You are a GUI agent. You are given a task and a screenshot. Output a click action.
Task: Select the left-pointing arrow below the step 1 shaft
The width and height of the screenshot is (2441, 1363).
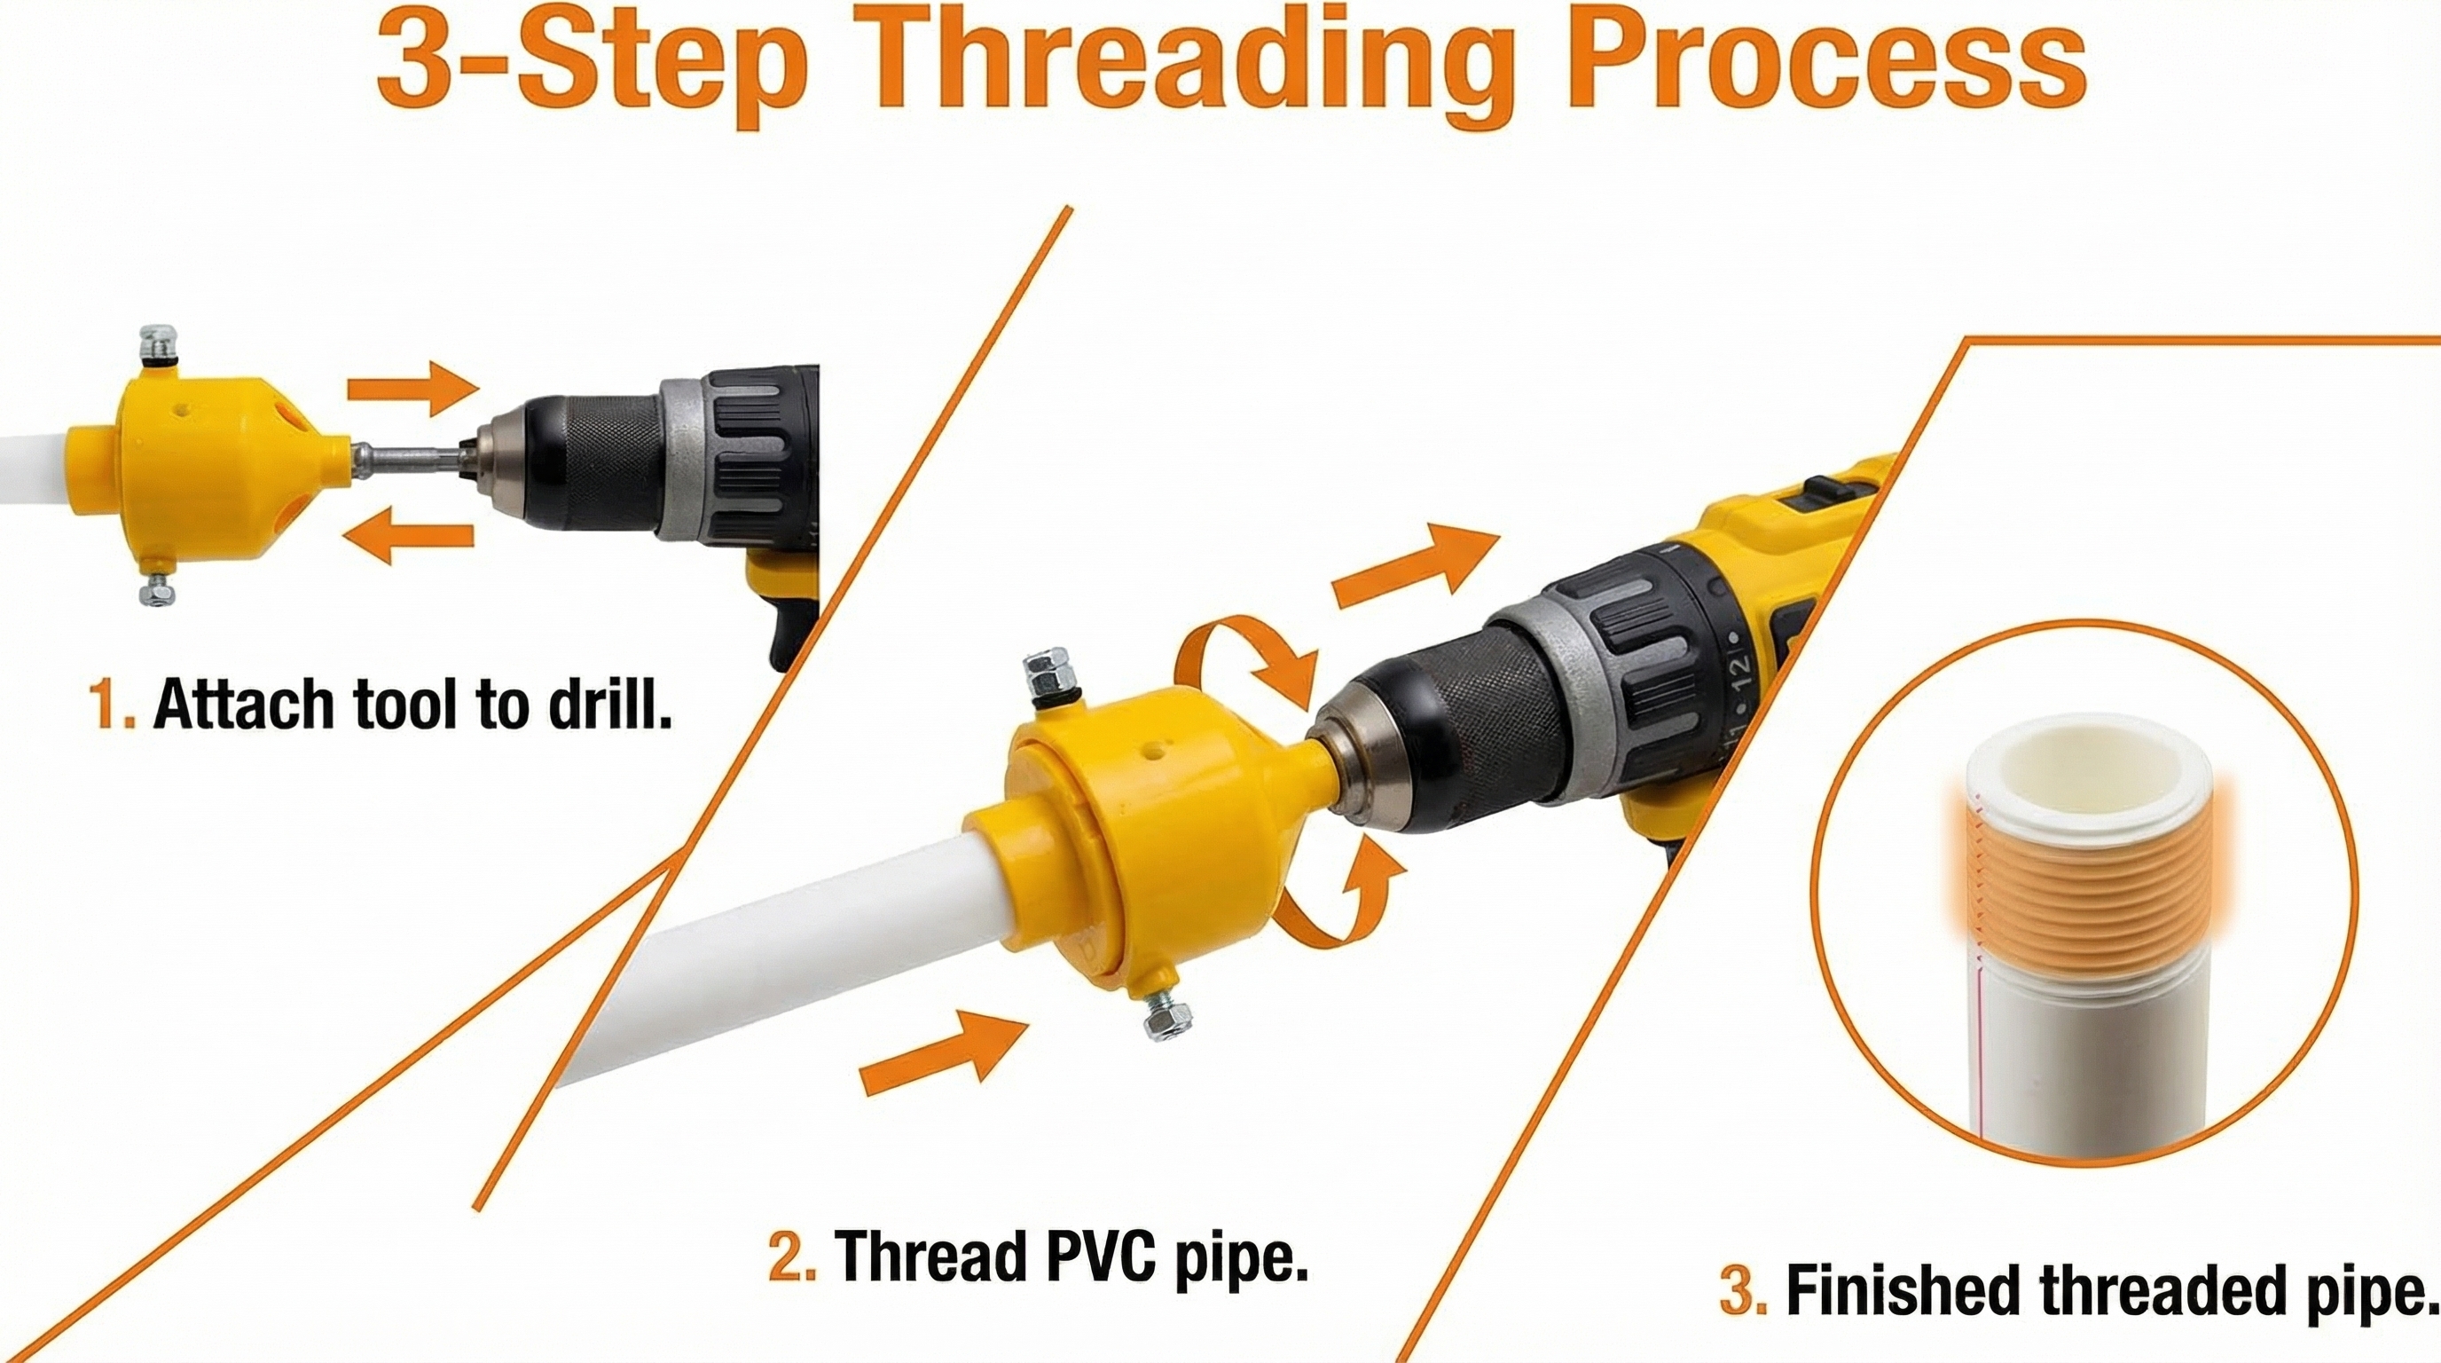tap(408, 536)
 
